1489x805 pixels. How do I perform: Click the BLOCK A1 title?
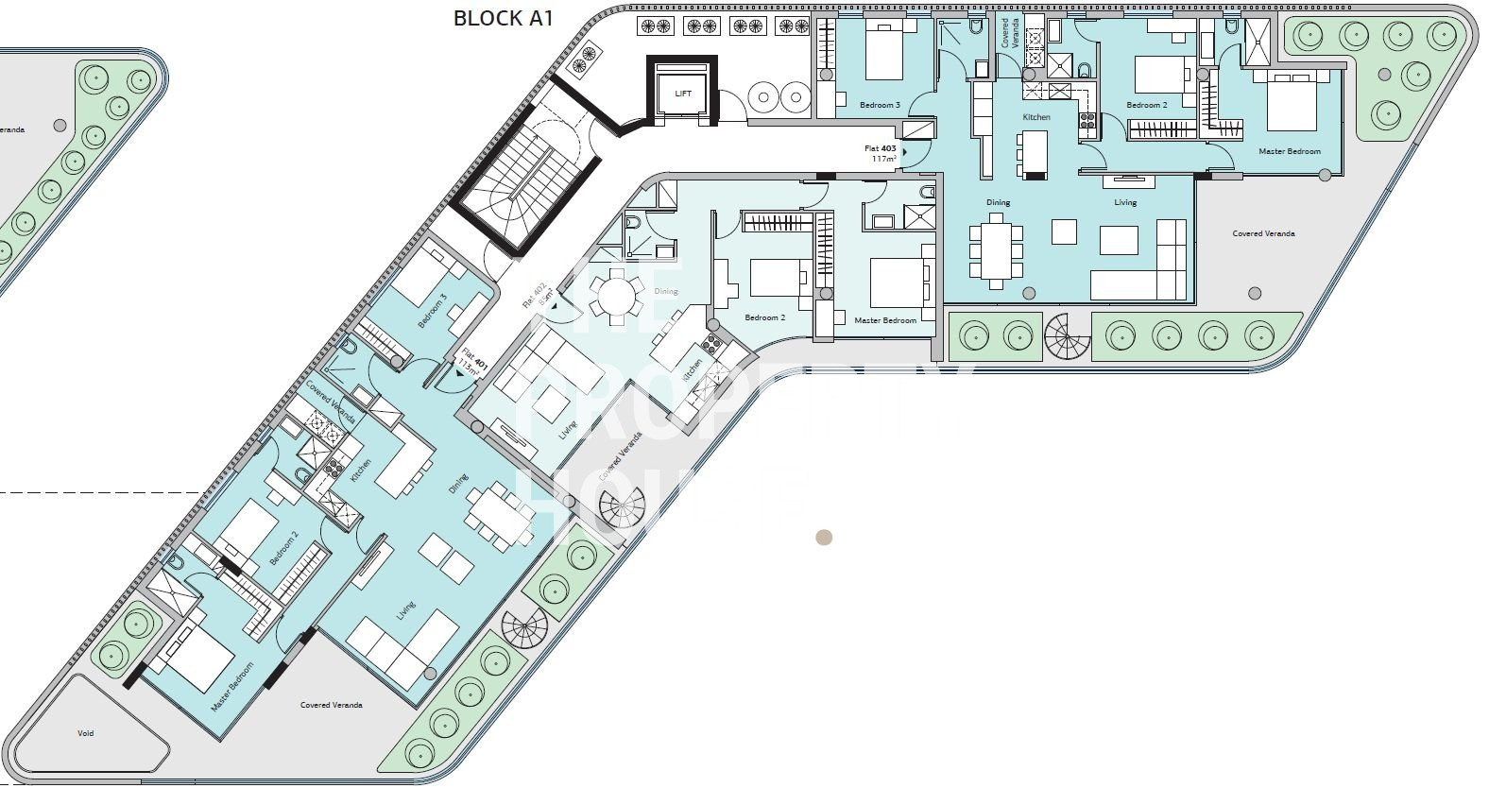click(503, 18)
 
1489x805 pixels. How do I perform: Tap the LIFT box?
click(683, 92)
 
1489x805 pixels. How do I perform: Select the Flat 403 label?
click(881, 153)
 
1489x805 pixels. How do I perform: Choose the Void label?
click(86, 733)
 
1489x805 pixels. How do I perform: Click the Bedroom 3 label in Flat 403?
click(880, 105)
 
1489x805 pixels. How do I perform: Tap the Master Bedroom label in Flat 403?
click(1289, 151)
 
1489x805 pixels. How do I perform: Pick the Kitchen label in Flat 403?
click(1036, 117)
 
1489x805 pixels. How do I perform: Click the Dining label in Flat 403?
click(998, 202)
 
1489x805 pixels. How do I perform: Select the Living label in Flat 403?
click(1125, 202)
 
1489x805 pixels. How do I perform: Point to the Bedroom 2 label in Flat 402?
click(764, 317)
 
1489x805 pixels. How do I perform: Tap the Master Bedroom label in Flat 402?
click(885, 320)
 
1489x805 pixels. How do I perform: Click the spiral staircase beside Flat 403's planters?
click(1067, 336)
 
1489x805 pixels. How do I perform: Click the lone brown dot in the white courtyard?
click(824, 538)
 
